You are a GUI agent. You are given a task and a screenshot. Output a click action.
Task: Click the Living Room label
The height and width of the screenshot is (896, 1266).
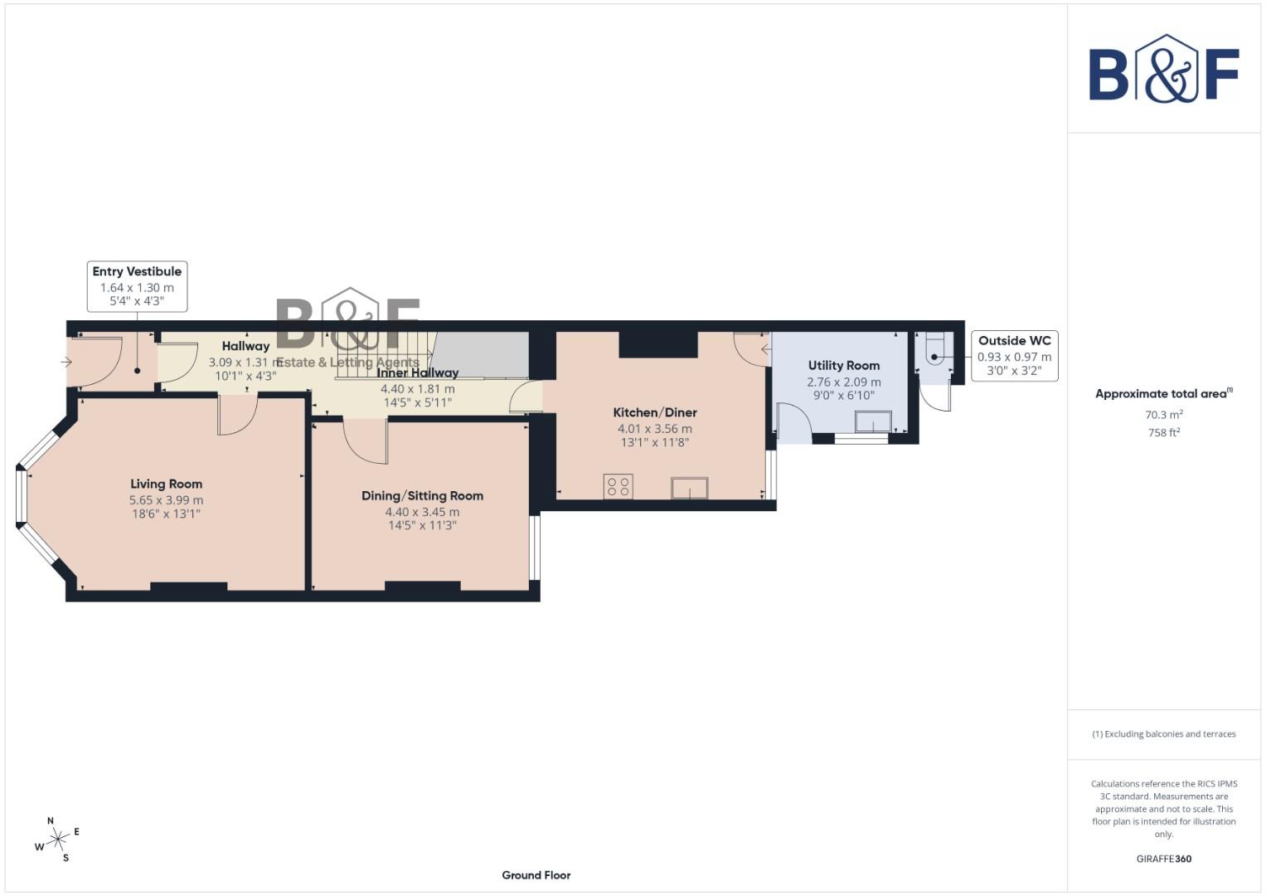pyautogui.click(x=166, y=484)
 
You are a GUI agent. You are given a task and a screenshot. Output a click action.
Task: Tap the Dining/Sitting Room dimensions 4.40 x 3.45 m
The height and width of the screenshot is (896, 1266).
pyautogui.click(x=422, y=512)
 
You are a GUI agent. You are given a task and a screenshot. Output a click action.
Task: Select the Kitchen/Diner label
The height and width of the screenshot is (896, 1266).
pyautogui.click(x=654, y=412)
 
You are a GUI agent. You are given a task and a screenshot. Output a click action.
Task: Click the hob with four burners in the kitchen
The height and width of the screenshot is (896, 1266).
pyautogui.click(x=618, y=487)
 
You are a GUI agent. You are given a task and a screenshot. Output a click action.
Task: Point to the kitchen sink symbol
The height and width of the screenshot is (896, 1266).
pyautogui.click(x=690, y=489)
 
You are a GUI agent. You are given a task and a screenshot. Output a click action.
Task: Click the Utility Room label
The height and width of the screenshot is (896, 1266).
pyautogui.click(x=843, y=365)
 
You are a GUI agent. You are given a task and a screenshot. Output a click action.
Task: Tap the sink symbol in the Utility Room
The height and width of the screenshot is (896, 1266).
pyautogui.click(x=873, y=422)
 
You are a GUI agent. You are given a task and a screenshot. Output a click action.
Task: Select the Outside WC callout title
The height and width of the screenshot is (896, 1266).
pyautogui.click(x=1014, y=341)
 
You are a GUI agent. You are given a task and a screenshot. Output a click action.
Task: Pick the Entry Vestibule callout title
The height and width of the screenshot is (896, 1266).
pyautogui.click(x=137, y=271)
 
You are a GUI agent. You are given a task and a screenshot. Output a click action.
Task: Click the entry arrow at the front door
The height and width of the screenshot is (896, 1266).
pyautogui.click(x=66, y=363)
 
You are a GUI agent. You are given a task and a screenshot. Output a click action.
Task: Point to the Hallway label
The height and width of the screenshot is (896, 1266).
pyautogui.click(x=245, y=346)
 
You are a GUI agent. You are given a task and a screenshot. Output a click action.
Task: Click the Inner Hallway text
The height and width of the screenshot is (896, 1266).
pyautogui.click(x=417, y=373)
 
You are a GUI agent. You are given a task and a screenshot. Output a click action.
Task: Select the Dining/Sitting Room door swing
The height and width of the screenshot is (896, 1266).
pyautogui.click(x=365, y=441)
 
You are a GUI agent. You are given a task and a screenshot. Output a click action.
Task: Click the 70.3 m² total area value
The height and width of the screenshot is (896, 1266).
pyautogui.click(x=1163, y=415)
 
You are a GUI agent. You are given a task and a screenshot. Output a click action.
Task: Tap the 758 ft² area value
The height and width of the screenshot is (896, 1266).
pyautogui.click(x=1163, y=432)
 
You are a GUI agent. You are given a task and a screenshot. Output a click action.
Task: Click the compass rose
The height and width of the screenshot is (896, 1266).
pyautogui.click(x=57, y=840)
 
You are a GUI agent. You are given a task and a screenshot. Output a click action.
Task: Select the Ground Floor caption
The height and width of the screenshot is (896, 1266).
pyautogui.click(x=536, y=875)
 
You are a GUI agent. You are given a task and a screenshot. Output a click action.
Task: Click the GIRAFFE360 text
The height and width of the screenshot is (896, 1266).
pyautogui.click(x=1163, y=859)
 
